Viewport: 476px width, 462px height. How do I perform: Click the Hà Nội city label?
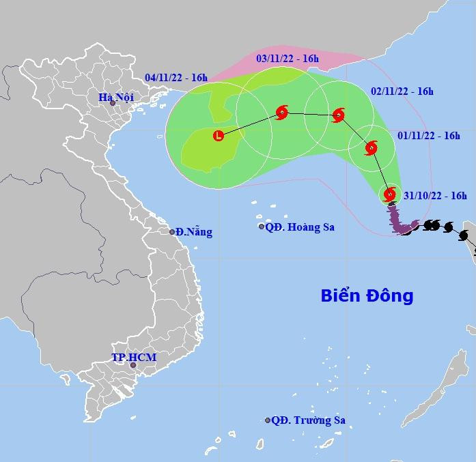click(x=115, y=97)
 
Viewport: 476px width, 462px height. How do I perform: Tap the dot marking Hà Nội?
click(x=113, y=103)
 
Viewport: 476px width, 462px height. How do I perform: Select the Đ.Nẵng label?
click(x=194, y=232)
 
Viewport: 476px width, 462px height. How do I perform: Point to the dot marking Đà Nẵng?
click(x=172, y=232)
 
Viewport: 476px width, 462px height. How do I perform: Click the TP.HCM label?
click(x=134, y=357)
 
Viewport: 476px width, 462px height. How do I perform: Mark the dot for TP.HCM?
click(x=133, y=365)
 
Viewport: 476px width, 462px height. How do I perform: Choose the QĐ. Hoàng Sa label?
click(x=300, y=227)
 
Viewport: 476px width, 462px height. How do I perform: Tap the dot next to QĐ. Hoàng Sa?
click(x=262, y=227)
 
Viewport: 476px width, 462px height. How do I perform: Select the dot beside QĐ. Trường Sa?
click(x=268, y=420)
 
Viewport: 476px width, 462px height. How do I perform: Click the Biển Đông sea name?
click(x=367, y=295)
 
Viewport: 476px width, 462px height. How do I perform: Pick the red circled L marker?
click(x=218, y=135)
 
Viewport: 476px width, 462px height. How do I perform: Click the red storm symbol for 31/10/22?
click(x=390, y=194)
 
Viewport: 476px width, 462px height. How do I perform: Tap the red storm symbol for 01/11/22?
click(x=371, y=147)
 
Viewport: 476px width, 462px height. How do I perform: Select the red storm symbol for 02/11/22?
click(x=337, y=115)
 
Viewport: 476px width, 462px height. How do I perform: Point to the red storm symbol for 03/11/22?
click(x=282, y=113)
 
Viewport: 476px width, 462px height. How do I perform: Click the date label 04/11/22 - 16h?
click(x=176, y=77)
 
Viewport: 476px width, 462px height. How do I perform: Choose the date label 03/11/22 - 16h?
click(x=288, y=59)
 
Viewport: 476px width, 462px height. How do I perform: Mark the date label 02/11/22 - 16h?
click(x=402, y=91)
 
